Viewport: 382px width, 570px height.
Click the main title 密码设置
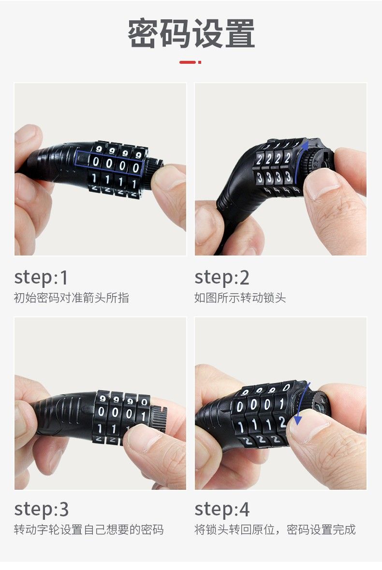click(x=191, y=33)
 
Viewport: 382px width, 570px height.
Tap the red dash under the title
click(x=190, y=62)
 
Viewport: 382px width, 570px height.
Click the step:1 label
click(x=41, y=278)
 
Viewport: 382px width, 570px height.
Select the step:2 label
click(x=222, y=278)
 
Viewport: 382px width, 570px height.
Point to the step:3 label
click(x=41, y=510)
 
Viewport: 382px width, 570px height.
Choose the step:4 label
click(x=222, y=510)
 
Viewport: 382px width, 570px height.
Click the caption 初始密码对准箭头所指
click(x=71, y=298)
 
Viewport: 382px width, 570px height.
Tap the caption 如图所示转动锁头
click(x=240, y=298)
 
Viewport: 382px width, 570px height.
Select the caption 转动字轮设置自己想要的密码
click(x=89, y=529)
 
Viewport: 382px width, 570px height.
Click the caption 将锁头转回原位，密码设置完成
click(x=275, y=529)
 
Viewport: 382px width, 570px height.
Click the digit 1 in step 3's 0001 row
click(x=143, y=416)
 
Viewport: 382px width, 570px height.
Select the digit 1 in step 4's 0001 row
click(x=281, y=403)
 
